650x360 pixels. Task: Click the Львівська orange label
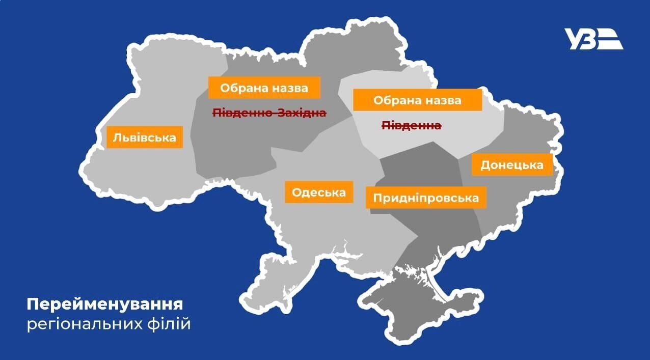(x=145, y=137)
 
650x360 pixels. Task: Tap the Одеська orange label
(x=319, y=192)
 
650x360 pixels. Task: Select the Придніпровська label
(x=426, y=198)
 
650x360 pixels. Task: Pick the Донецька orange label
(x=511, y=165)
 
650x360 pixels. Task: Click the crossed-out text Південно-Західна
(x=269, y=113)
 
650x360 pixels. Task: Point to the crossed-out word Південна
(x=412, y=125)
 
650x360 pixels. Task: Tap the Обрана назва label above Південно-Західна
(x=264, y=88)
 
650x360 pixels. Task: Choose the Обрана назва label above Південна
(x=417, y=100)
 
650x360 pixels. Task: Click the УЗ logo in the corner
(x=593, y=39)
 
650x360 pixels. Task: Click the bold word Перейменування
(x=105, y=305)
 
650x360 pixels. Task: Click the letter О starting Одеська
(x=296, y=192)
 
